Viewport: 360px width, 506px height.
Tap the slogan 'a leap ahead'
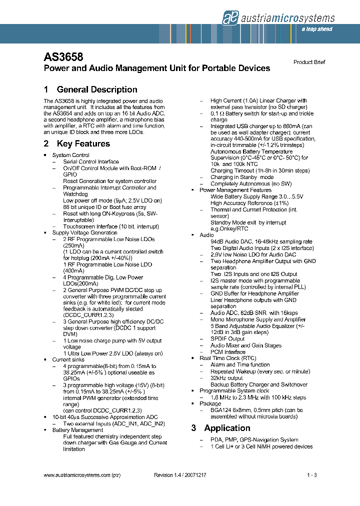pos(317,29)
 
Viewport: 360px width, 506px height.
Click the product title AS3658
pos(63,57)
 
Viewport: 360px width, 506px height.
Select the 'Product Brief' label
pos(309,62)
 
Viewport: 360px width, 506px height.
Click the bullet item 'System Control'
pos(70,155)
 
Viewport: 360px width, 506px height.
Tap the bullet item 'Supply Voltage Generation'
pos(84,233)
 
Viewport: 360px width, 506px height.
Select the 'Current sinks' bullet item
pos(68,360)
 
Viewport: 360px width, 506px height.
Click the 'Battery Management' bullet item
pos(77,430)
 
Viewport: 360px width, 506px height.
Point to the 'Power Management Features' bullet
pos(235,190)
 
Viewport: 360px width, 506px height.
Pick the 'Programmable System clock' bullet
pos(234,391)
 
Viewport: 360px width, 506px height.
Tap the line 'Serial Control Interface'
pos(91,162)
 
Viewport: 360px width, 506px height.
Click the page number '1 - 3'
pos(312,475)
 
